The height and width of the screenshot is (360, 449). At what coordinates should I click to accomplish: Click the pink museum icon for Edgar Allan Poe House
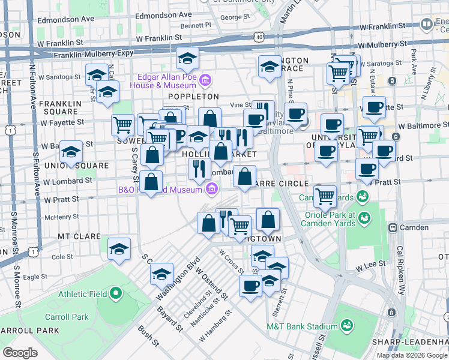(x=205, y=80)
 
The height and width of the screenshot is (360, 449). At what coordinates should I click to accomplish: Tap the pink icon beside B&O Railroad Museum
(x=211, y=190)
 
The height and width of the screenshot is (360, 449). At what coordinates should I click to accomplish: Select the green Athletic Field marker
(x=115, y=293)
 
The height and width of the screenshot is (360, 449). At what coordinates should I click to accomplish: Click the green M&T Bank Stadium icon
(x=346, y=326)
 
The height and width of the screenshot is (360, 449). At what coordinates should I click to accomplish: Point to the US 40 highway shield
(x=258, y=37)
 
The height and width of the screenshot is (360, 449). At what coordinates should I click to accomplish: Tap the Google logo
(x=20, y=352)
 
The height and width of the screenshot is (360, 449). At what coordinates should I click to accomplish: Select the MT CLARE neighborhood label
(x=79, y=236)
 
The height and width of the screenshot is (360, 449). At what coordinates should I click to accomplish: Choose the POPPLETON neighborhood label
(x=193, y=97)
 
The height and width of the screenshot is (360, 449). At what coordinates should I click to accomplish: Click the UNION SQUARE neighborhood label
(x=80, y=166)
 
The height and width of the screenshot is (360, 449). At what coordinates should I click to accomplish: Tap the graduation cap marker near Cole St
(x=119, y=248)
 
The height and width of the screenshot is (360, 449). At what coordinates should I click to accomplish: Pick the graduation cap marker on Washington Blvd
(x=161, y=274)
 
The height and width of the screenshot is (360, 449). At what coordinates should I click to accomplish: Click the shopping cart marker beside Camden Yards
(x=325, y=195)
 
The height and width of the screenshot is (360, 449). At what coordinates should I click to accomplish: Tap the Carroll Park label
(x=74, y=317)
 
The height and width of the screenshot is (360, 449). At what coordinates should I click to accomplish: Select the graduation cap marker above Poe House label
(x=187, y=59)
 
